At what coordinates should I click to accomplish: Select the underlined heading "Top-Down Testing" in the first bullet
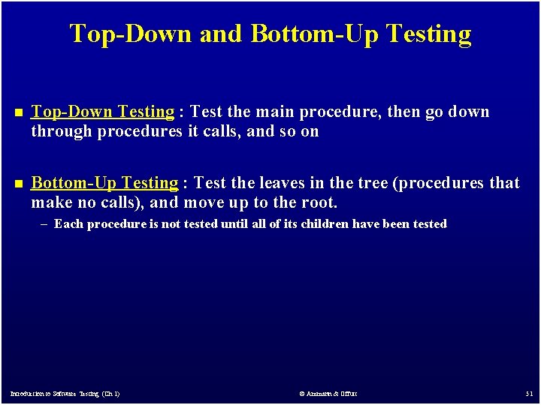pos(102,112)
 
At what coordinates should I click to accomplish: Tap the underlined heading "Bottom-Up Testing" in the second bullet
pos(104,183)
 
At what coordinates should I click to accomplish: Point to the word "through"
pos(60,131)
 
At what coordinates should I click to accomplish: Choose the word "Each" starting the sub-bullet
pos(68,223)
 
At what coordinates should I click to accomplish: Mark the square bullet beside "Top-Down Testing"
pos(17,112)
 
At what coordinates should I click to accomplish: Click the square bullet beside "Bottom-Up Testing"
pos(17,184)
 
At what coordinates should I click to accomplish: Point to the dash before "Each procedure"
pos(46,223)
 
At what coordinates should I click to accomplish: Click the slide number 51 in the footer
pos(529,393)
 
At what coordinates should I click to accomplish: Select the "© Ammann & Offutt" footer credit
pos(328,393)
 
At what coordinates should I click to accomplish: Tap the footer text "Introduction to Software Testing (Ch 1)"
pos(65,393)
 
